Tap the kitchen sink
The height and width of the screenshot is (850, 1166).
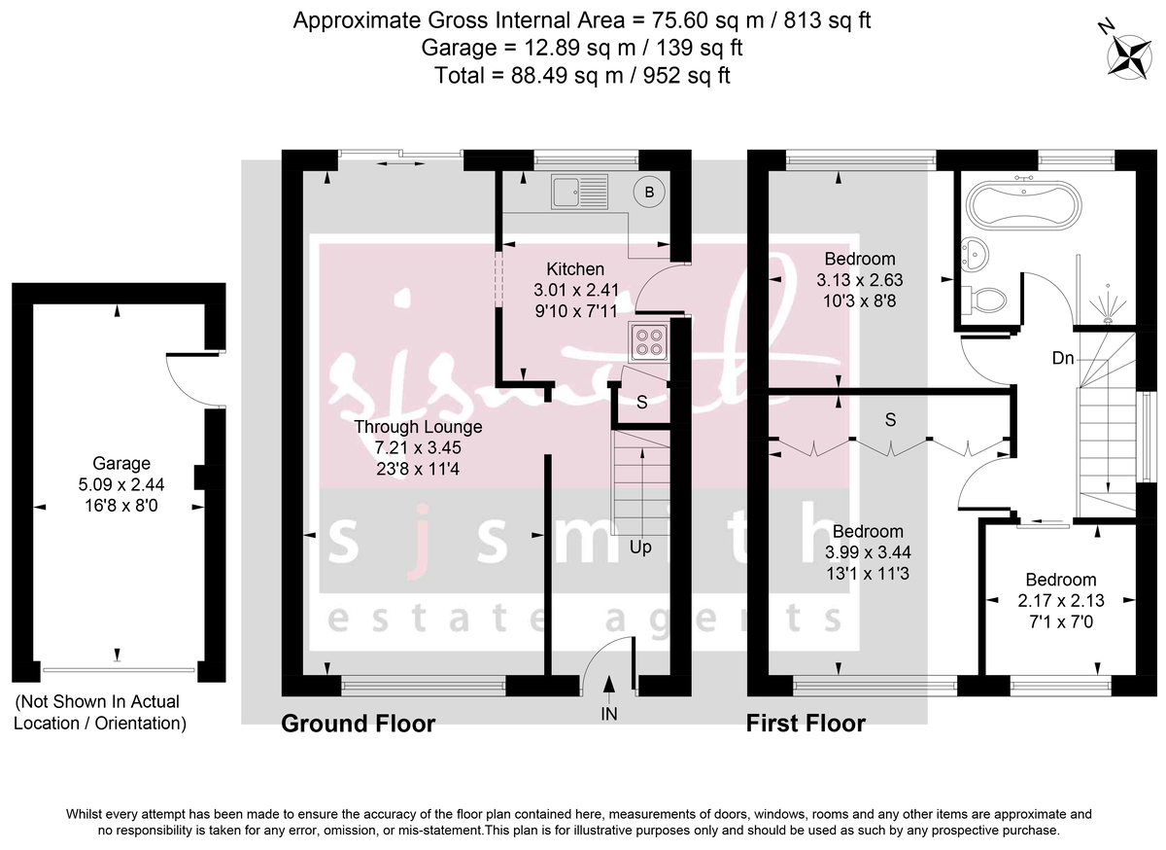point(579,193)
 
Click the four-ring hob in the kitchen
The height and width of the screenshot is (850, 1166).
point(648,341)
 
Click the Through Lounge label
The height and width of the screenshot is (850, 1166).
point(418,427)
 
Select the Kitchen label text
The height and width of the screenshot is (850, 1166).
point(575,269)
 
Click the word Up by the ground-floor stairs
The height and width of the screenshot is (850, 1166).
point(640,548)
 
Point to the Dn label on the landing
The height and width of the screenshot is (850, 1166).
point(1063,358)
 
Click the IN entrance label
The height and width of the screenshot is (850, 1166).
point(609,713)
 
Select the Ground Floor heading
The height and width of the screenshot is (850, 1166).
point(358,724)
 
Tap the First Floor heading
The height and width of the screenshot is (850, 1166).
point(806,724)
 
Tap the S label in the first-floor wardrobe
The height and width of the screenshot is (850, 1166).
point(890,420)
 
